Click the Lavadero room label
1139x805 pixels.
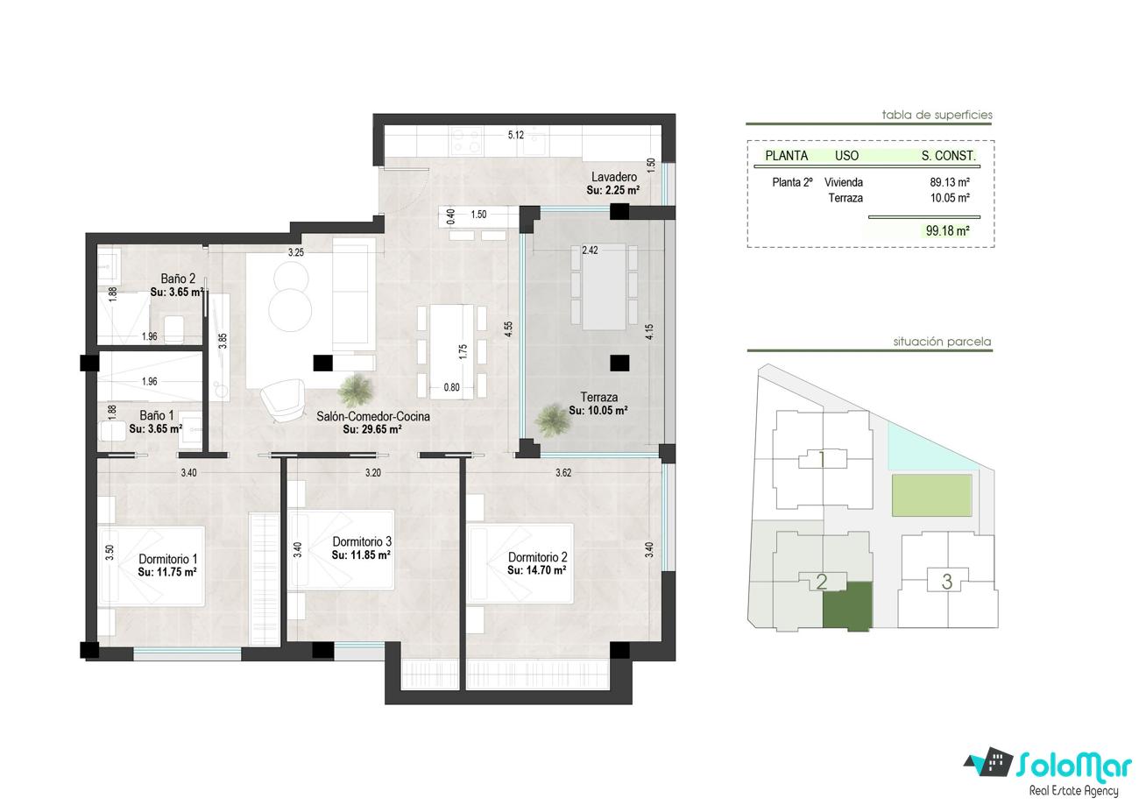click(x=613, y=177)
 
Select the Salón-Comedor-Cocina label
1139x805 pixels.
click(x=373, y=416)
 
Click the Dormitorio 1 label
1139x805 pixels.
click(x=168, y=559)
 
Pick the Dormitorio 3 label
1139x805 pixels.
click(x=362, y=541)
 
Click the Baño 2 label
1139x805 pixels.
click(x=178, y=279)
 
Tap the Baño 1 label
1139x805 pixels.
click(x=157, y=415)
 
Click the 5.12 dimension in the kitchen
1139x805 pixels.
click(x=515, y=135)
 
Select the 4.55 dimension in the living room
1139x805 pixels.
click(x=508, y=329)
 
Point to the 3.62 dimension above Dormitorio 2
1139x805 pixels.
click(x=563, y=473)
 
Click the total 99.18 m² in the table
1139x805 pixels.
click(x=947, y=230)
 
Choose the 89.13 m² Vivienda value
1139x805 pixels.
click(x=950, y=182)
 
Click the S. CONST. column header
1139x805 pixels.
click(x=949, y=156)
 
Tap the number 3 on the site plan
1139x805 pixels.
click(x=947, y=582)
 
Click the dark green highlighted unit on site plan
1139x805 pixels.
click(x=847, y=607)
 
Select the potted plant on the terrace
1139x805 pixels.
click(x=551, y=420)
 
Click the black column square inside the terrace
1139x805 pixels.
click(x=619, y=363)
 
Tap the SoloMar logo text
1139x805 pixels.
click(x=1074, y=766)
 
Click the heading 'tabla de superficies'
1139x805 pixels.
click(x=937, y=115)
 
